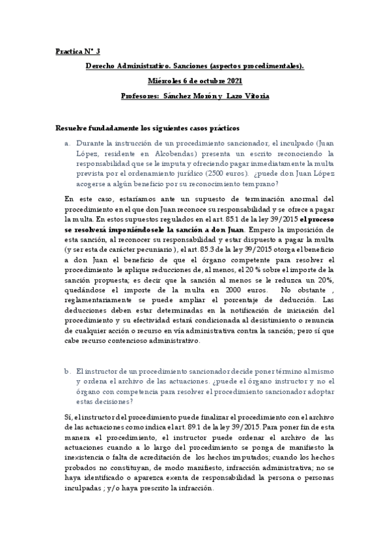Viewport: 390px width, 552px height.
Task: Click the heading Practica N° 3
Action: (78, 50)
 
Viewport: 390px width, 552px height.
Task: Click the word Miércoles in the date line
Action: (168, 81)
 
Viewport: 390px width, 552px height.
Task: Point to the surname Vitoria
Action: (255, 96)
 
